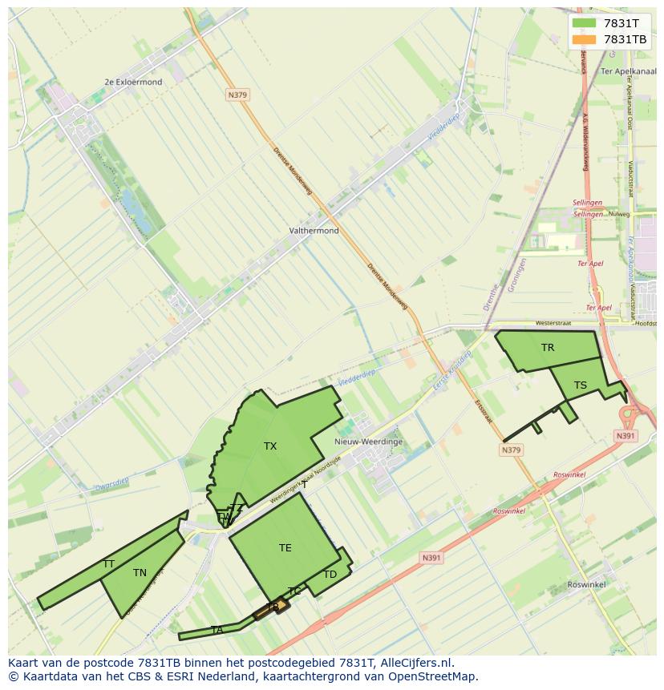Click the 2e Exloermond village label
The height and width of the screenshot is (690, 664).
point(133,82)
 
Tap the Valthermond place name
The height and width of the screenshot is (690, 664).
point(314,231)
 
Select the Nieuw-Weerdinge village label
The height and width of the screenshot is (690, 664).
point(368,442)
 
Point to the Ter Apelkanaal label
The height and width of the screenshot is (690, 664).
point(628,71)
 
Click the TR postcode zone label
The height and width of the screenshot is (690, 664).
point(548,348)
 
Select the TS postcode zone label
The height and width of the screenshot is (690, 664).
point(581,385)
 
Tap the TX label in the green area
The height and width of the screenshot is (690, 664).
point(270,446)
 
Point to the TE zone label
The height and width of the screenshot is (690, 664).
point(285,548)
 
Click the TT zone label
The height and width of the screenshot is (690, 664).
point(108,564)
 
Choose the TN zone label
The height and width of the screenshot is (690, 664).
point(140,573)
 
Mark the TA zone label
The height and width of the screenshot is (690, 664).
point(217,630)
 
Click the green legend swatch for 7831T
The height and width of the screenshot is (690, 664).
point(585,23)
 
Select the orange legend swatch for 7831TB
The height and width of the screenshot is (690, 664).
point(585,39)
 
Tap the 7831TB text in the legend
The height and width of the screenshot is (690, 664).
point(625,39)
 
